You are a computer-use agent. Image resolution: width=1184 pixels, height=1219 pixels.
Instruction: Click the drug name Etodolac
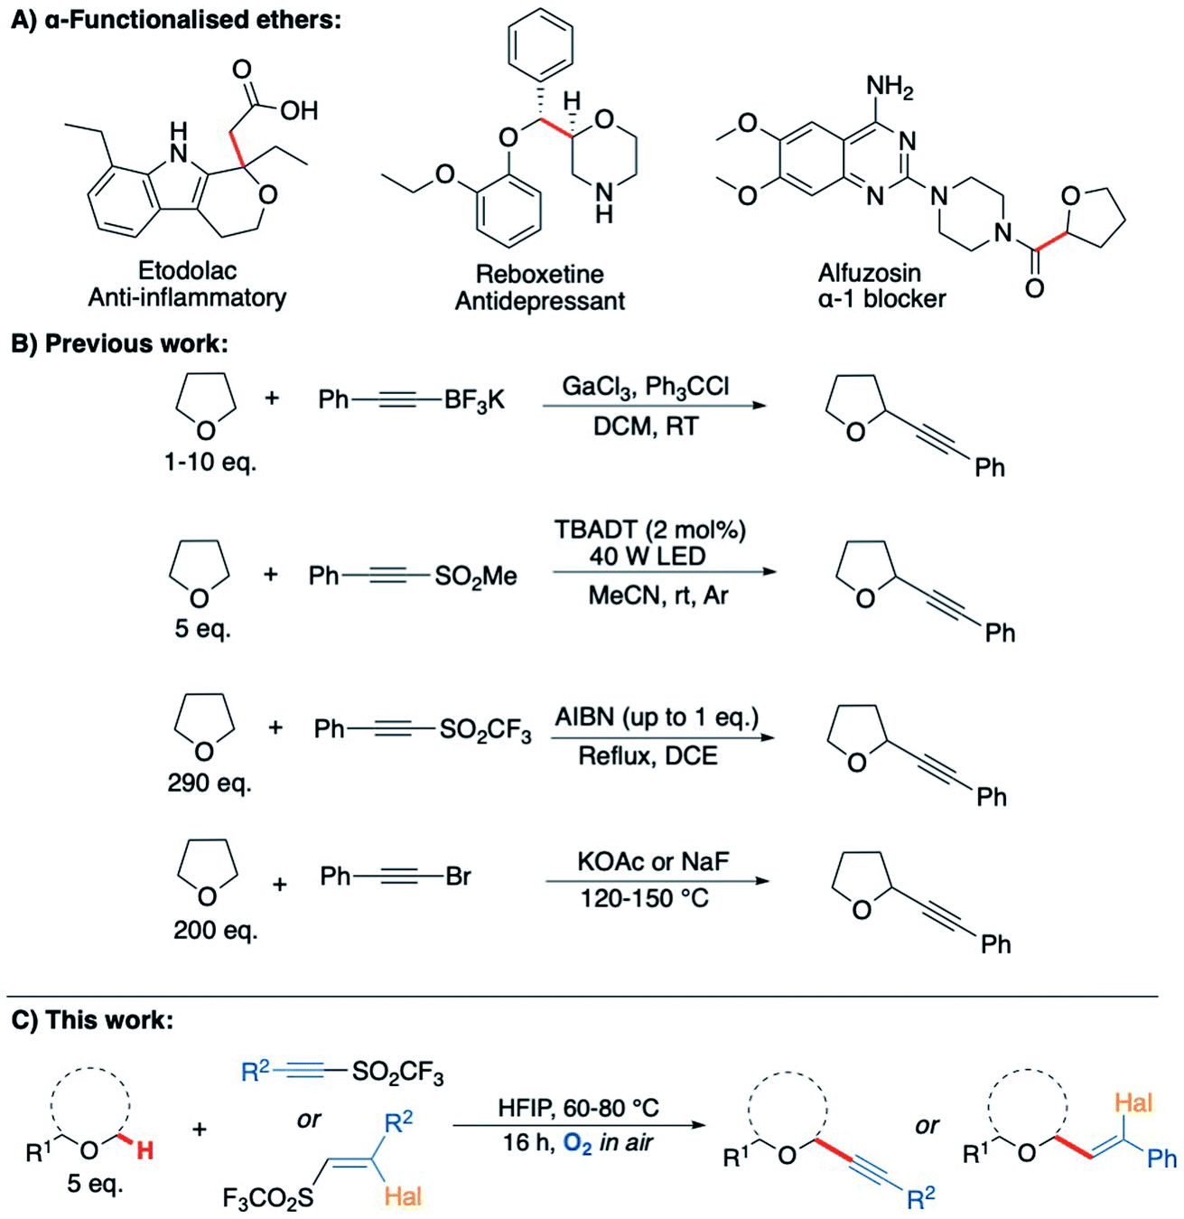pyautogui.click(x=187, y=270)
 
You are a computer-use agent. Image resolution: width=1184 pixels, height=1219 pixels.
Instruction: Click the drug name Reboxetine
pyautogui.click(x=539, y=274)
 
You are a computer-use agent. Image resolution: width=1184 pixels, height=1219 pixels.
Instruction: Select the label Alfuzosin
pyautogui.click(x=870, y=273)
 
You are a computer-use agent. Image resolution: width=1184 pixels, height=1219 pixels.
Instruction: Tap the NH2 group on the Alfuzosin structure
pyautogui.click(x=890, y=88)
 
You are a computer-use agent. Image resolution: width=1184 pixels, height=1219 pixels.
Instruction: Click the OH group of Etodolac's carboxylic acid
pyautogui.click(x=299, y=111)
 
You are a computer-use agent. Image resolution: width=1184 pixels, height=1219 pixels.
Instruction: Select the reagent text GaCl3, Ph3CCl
pyautogui.click(x=646, y=387)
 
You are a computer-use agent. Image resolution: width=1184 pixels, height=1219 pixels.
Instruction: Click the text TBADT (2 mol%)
pyautogui.click(x=650, y=530)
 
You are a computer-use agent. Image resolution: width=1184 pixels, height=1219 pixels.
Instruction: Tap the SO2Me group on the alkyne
pyautogui.click(x=476, y=577)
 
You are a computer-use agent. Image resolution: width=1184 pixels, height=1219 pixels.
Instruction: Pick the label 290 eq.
pyautogui.click(x=210, y=783)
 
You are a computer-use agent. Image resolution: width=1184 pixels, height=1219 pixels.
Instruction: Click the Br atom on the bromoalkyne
pyautogui.click(x=458, y=876)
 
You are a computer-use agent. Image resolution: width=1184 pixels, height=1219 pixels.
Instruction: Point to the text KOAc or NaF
pyautogui.click(x=653, y=861)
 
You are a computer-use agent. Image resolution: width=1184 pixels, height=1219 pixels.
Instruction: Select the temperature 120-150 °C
pyautogui.click(x=645, y=898)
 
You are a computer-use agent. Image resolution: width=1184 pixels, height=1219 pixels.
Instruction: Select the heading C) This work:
pyautogui.click(x=92, y=1020)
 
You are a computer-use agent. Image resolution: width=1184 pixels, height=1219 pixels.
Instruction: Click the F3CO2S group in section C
pyautogui.click(x=268, y=1198)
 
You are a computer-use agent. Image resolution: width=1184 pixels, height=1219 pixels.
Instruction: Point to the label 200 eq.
pyautogui.click(x=215, y=930)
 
